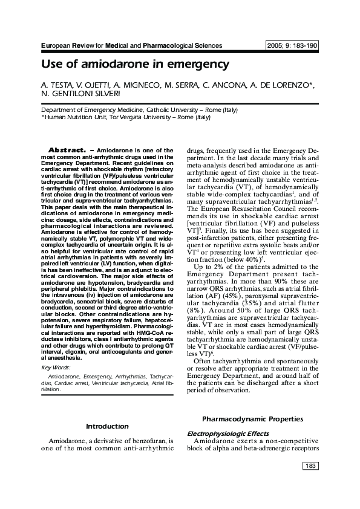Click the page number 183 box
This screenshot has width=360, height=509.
309,466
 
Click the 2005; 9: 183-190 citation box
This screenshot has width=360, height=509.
292,46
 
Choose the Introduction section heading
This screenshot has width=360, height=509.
107,426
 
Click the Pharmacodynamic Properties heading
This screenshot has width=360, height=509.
252,418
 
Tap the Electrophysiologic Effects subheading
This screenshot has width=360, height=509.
227,433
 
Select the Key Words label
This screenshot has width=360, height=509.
55,368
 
